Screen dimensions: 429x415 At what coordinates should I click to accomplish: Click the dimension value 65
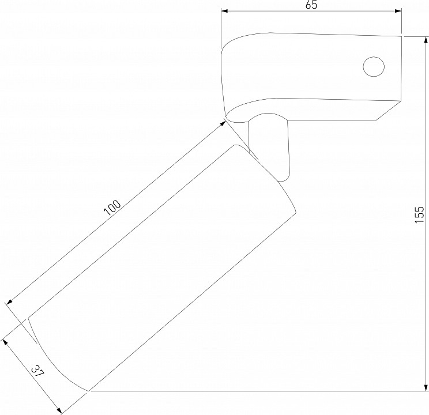311,5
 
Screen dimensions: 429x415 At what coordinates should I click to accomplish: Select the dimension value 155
419,215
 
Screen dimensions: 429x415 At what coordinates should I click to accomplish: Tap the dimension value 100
112,207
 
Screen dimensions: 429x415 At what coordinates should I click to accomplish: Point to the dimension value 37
37,372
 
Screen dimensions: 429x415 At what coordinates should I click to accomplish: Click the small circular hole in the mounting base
374,66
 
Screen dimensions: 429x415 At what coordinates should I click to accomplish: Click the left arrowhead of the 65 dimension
224,11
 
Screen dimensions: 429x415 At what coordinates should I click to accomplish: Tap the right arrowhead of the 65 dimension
398,11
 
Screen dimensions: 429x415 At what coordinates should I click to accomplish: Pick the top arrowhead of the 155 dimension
426,40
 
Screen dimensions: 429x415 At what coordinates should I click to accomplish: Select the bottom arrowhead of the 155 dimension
426,388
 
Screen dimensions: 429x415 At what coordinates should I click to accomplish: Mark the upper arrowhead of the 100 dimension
223,124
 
